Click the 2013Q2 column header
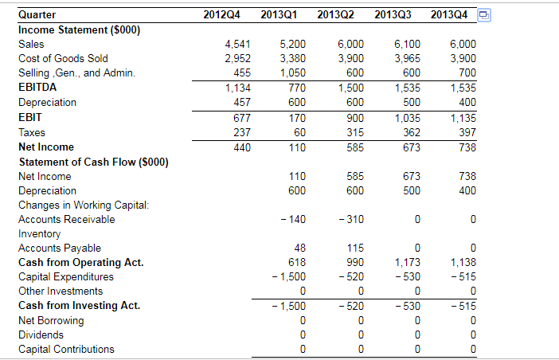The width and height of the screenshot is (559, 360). pos(335,14)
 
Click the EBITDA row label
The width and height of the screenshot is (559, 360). pos(37,88)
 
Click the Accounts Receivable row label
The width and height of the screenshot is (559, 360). pos(66,219)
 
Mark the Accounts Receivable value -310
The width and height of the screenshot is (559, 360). pos(348,219)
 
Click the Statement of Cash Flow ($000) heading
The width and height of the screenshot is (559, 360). pos(92,162)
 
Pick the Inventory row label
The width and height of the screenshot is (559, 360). pos(39,233)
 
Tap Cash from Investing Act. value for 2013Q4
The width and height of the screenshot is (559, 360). pos(463,306)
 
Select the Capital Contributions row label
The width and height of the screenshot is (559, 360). pos(66,349)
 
